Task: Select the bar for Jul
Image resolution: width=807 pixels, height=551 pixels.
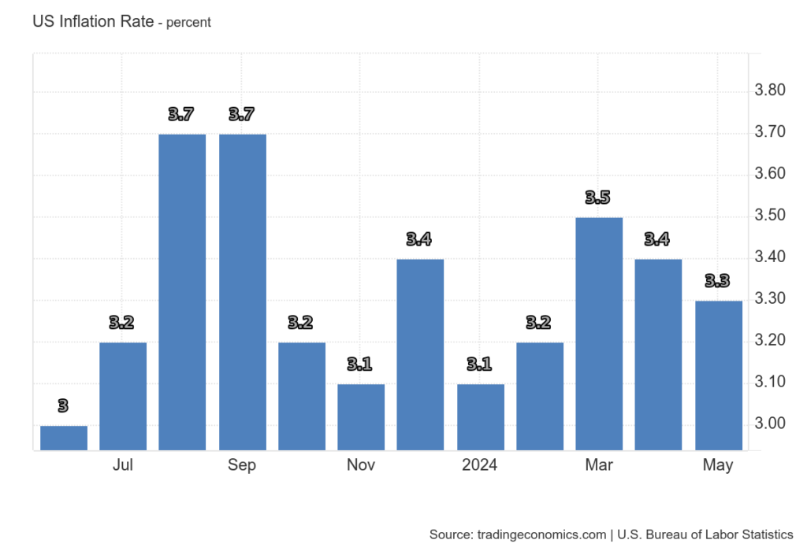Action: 123,396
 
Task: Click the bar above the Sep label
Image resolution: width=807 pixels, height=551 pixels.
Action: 242,292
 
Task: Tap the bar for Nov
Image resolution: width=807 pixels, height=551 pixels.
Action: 361,417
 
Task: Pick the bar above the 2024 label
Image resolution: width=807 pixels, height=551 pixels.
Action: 480,417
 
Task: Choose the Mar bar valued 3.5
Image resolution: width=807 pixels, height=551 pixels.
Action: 599,334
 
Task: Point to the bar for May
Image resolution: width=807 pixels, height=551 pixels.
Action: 718,375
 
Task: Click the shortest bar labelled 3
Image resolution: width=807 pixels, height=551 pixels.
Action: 64,438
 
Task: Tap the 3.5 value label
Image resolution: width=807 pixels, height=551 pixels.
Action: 599,198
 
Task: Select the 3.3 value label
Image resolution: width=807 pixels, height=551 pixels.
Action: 718,281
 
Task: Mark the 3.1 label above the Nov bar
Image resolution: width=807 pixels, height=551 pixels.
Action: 361,364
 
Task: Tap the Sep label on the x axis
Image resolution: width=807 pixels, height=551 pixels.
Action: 242,465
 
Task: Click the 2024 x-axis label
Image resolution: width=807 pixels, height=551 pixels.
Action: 480,465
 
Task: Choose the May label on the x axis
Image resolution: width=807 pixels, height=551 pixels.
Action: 718,465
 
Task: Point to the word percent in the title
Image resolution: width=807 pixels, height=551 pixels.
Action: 188,23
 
